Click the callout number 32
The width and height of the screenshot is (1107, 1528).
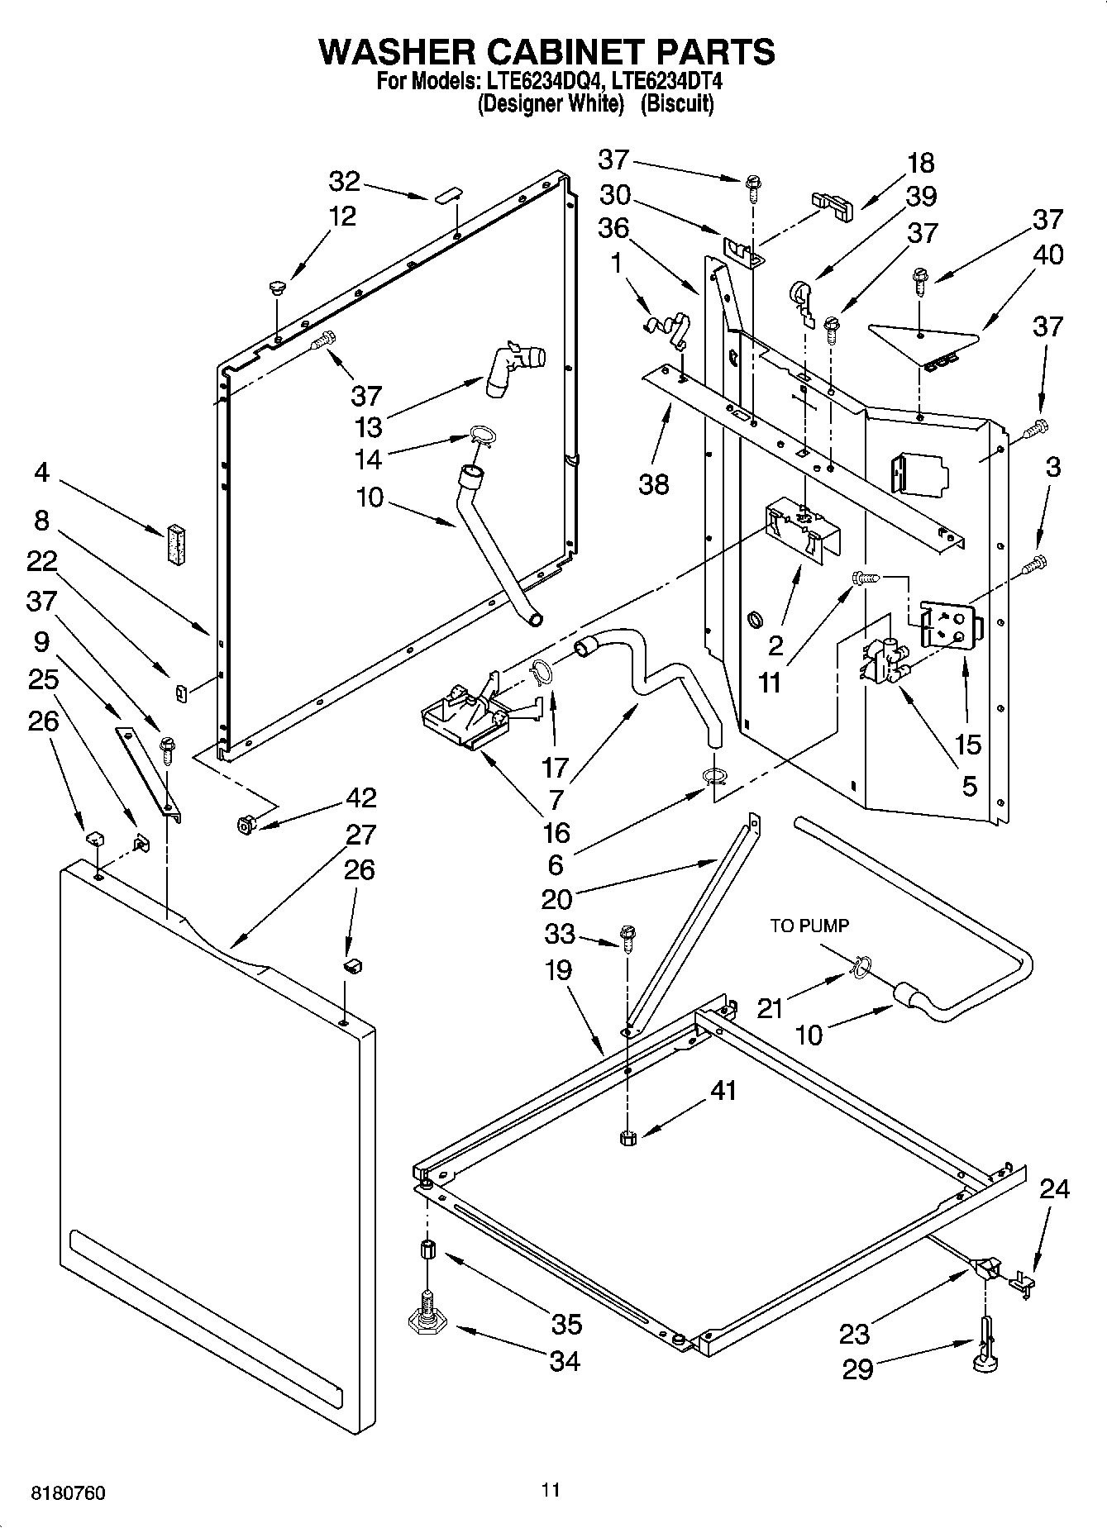(345, 181)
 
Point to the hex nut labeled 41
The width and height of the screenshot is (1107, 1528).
(626, 1139)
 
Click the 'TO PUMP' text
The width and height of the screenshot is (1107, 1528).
(809, 926)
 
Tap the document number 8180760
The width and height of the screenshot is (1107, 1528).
(69, 1494)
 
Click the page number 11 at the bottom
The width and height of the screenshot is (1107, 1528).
(551, 1491)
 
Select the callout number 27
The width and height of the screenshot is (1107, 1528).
(360, 835)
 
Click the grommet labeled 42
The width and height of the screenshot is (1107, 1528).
(246, 824)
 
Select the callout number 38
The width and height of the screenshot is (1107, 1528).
(653, 483)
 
